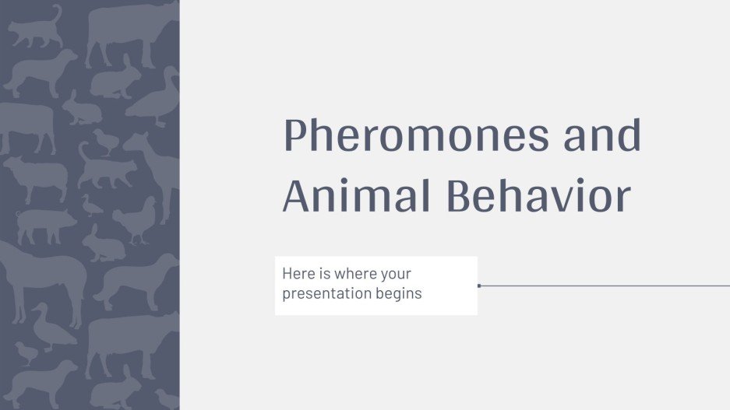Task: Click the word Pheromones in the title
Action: click(414, 137)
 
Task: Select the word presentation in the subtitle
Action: click(328, 294)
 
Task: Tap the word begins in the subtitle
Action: click(400, 294)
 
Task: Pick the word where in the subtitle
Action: click(351, 275)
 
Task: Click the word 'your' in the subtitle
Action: click(394, 275)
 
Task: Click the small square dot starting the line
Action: click(479, 286)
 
